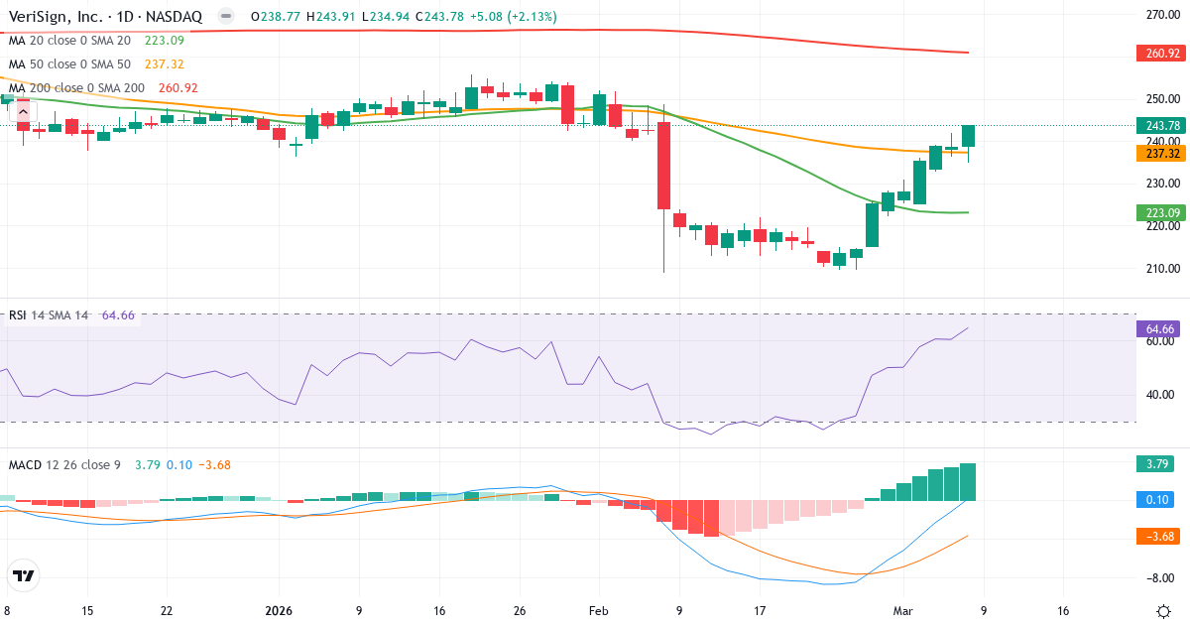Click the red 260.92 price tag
[x=1161, y=53]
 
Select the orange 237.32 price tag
[x=1161, y=154]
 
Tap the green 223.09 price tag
[x=1161, y=212]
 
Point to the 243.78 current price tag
[x=1161, y=125]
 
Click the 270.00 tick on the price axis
[x=1161, y=15]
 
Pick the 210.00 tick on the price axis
[x=1161, y=268]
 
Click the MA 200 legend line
[x=75, y=88]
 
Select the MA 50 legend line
[x=69, y=64]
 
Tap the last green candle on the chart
[x=968, y=136]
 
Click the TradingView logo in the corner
[x=24, y=575]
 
